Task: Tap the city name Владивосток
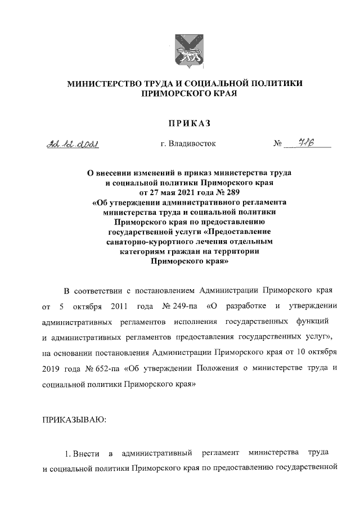[188, 144]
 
